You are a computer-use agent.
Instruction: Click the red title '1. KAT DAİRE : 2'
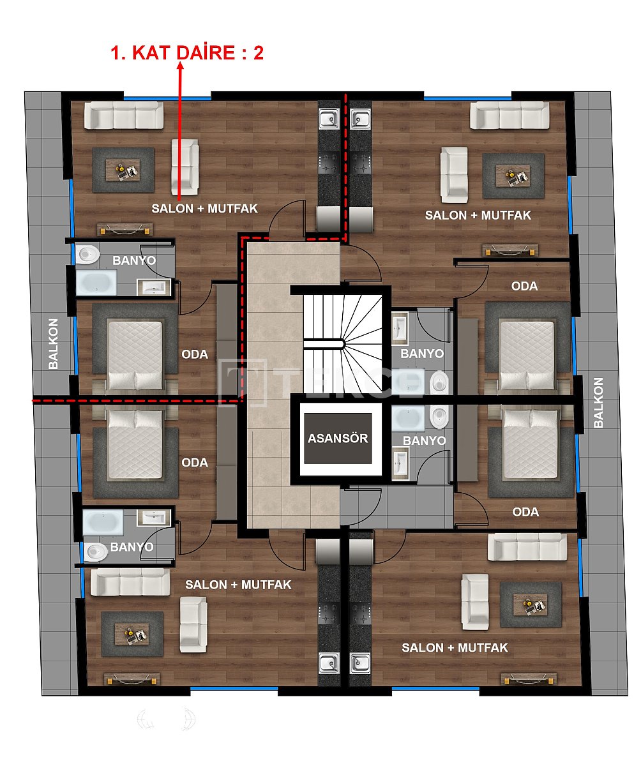coord(187,53)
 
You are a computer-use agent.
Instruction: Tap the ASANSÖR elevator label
coord(338,439)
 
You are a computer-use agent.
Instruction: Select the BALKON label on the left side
coord(54,343)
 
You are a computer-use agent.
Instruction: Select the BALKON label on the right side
coord(598,402)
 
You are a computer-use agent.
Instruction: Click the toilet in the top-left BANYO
coord(88,255)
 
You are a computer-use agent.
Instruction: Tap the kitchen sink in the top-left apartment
coord(330,119)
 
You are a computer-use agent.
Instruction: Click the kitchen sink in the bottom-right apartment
coord(361,664)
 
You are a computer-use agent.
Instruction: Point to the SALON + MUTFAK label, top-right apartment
coord(478,215)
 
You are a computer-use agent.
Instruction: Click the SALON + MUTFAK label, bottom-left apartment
coord(238,584)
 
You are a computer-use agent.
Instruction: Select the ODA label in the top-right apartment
coord(524,286)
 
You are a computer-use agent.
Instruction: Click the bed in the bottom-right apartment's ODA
coord(529,445)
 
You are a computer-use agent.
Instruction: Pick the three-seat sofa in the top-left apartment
coord(124,116)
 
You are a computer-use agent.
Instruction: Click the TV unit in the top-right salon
coord(510,250)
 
